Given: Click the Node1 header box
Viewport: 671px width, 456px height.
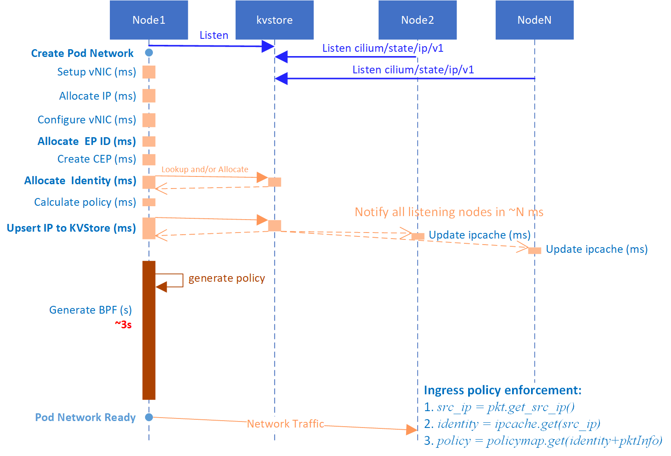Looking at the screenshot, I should (149, 20).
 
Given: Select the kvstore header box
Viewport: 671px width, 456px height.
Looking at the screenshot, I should (274, 20).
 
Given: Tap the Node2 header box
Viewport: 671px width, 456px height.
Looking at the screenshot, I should (417, 20).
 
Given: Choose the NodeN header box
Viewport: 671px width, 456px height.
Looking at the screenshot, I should (534, 20).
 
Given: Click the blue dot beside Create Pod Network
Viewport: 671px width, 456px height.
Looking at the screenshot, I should (149, 53).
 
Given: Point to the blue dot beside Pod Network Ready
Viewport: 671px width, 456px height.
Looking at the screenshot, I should (149, 417).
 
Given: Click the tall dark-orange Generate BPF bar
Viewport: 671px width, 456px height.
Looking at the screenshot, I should (149, 330).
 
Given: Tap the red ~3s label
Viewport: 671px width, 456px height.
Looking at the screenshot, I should (123, 324).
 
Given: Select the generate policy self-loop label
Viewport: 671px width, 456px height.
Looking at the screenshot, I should (227, 278).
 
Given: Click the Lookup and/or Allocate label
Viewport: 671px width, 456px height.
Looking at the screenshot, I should (205, 169).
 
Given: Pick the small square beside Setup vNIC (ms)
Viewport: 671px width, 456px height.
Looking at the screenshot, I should (149, 72).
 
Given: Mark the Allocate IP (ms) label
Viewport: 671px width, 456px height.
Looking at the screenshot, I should (97, 96).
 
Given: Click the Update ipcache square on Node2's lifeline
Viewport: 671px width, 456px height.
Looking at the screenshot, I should (418, 236).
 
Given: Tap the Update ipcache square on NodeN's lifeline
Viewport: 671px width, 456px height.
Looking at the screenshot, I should (534, 250).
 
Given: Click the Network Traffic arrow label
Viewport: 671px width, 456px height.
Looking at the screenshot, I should (286, 424).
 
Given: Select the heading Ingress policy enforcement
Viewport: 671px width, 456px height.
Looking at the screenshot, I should (503, 390).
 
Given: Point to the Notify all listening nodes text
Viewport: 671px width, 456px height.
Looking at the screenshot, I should (449, 212).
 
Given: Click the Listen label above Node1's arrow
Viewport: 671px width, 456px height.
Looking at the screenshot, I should (214, 35).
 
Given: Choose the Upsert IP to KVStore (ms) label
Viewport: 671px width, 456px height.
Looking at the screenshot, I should (71, 228).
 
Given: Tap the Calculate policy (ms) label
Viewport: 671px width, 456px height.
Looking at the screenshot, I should (85, 202).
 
